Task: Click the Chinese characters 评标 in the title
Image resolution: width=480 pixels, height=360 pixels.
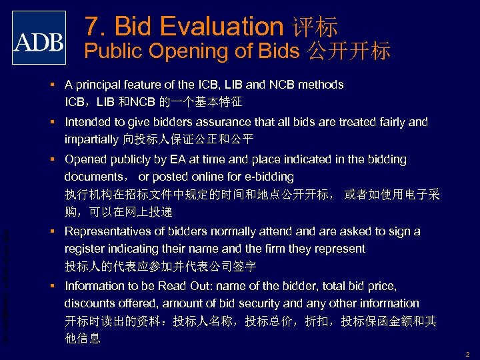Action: (315, 27)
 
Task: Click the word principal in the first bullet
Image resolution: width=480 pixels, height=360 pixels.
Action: (100, 85)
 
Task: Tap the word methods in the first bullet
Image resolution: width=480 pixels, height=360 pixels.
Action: (321, 85)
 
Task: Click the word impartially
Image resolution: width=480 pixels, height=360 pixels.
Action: (92, 139)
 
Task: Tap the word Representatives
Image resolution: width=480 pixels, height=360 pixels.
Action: (108, 231)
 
